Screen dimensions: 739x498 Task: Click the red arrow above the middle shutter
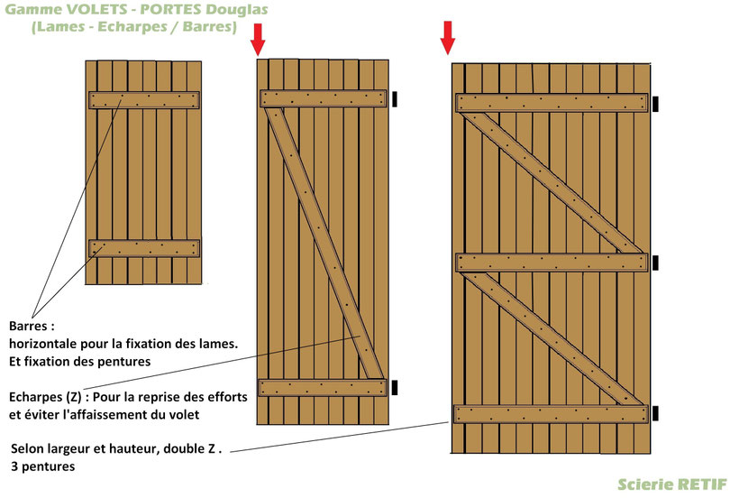pyautogui.click(x=258, y=40)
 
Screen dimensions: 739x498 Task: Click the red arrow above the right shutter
pyautogui.click(x=448, y=38)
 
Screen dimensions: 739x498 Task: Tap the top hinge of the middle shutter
pyautogui.click(x=395, y=99)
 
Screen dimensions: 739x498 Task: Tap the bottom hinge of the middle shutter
pyautogui.click(x=395, y=388)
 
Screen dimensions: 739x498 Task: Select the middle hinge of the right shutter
pyautogui.click(x=655, y=263)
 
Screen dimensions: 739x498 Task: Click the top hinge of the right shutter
pyautogui.click(x=655, y=105)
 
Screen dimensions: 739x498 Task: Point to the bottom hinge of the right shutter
pyautogui.click(x=655, y=413)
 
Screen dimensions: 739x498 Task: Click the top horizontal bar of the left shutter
pyautogui.click(x=144, y=100)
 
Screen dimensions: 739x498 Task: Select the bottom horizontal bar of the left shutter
pyautogui.click(x=144, y=248)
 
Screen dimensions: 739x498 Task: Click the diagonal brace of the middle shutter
pyautogui.click(x=325, y=244)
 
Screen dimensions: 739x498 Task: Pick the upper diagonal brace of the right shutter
pyautogui.click(x=552, y=183)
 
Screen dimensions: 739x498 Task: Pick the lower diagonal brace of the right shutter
pyautogui.click(x=552, y=338)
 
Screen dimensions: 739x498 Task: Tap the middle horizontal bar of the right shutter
pyautogui.click(x=552, y=263)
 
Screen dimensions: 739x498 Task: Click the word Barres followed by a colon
pyautogui.click(x=32, y=326)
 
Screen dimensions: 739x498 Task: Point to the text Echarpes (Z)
pyautogui.click(x=45, y=397)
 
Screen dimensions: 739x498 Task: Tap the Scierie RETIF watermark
pyautogui.click(x=672, y=484)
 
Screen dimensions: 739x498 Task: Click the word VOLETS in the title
pyautogui.click(x=94, y=9)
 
